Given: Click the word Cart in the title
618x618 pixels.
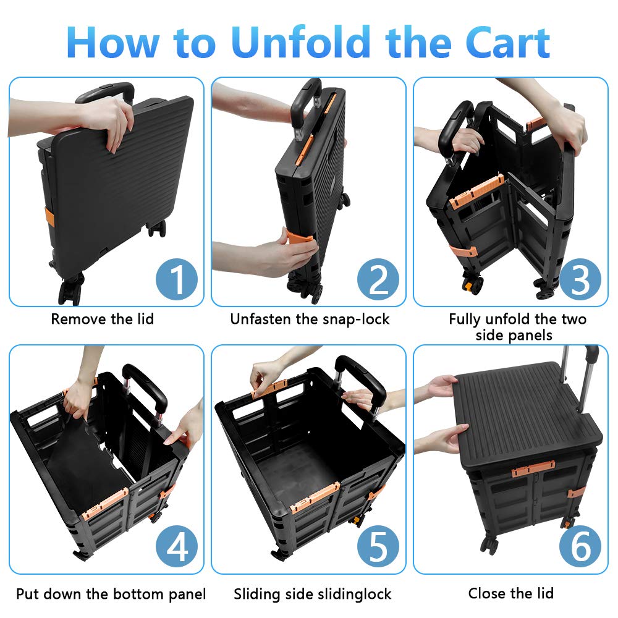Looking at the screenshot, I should pos(499,42).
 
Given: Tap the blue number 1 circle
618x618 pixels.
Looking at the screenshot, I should pos(177,279).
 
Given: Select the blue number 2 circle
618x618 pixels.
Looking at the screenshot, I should pos(379,279).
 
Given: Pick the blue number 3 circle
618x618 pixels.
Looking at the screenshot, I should pos(580,279).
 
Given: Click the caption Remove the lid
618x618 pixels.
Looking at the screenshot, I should pos(102,319).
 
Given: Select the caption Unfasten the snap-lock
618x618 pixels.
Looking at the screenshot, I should pos(310,319).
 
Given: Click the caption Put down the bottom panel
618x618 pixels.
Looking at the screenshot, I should pos(111,594).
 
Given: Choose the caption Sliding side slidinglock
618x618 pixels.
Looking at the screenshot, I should pos(312,594).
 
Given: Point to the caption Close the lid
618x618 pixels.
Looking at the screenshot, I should pos(510,594).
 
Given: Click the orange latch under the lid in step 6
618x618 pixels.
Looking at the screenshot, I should pos(533,469).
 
